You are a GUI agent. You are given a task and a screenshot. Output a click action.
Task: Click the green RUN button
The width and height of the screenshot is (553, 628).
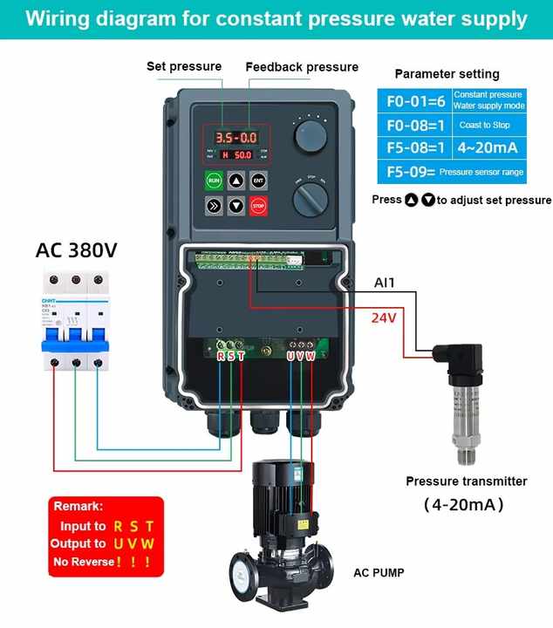coord(214,181)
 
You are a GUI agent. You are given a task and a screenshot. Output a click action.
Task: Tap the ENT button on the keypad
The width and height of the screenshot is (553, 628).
coord(258,181)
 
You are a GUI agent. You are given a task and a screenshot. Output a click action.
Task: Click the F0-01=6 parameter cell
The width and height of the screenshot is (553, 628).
coord(416,100)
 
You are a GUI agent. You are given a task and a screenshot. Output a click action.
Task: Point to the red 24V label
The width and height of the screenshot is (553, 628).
coord(384,318)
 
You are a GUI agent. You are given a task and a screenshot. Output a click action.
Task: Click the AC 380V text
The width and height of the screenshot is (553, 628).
coord(76,250)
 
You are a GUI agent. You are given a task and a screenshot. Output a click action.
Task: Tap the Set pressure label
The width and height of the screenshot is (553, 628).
coord(183,66)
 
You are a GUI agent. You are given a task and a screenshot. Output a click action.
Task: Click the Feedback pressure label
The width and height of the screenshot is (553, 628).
coord(302,67)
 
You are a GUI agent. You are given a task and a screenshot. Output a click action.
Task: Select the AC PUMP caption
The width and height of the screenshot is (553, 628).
coord(379,573)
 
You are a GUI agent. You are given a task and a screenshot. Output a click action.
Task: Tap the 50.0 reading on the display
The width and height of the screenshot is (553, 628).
coord(242,154)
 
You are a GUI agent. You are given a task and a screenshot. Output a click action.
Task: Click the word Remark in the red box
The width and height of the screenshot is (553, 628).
coord(79,506)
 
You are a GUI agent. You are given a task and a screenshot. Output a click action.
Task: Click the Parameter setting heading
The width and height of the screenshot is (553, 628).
coord(447,74)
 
